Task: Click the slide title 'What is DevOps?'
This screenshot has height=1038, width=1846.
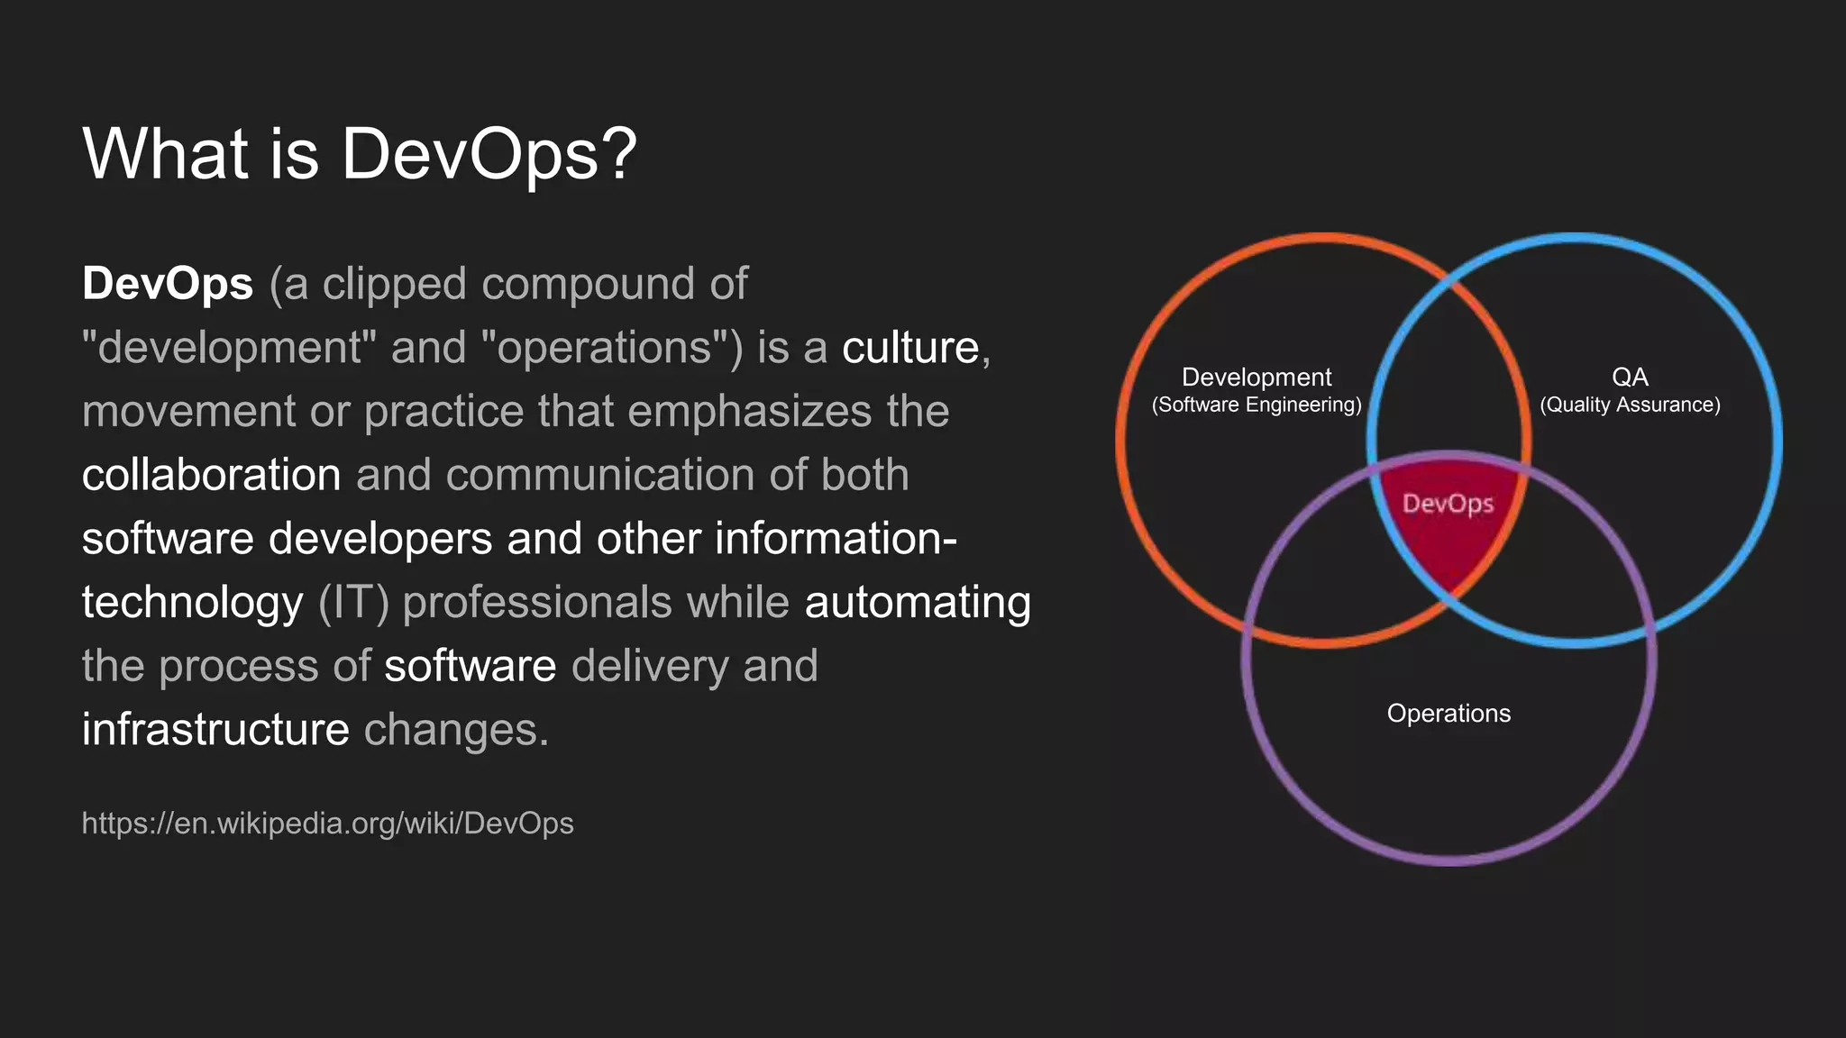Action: pos(359,153)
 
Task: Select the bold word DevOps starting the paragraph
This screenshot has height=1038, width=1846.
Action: pos(168,284)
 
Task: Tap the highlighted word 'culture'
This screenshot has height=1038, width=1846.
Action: pos(910,348)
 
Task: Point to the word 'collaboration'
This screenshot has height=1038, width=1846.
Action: pos(211,475)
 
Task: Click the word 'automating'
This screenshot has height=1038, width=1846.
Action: pos(918,603)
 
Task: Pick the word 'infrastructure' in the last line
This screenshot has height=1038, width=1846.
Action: pos(215,729)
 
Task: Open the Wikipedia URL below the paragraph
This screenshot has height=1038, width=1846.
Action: pos(327,824)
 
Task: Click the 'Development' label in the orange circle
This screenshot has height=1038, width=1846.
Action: pos(1257,378)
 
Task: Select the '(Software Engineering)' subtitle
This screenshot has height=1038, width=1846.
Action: pos(1257,405)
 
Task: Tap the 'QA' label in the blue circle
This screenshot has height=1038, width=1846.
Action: pos(1630,378)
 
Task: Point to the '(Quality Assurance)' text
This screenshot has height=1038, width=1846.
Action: pos(1630,405)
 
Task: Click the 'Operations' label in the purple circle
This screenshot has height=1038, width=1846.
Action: pos(1448,714)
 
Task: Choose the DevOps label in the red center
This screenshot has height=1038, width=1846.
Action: pos(1448,504)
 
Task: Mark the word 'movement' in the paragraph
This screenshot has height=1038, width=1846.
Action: pos(188,412)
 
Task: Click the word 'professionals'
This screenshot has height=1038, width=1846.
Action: pos(537,603)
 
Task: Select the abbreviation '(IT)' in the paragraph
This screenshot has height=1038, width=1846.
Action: pos(353,603)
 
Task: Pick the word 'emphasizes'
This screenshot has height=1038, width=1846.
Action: pos(750,412)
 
